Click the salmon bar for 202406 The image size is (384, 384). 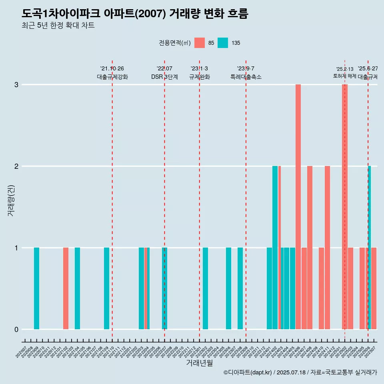pyautogui.click(x=298, y=207)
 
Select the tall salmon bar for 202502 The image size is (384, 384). pyautogui.click(x=344, y=207)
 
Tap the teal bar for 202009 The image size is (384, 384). pyautogui.click(x=36, y=288)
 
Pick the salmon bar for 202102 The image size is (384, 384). pyautogui.click(x=66, y=288)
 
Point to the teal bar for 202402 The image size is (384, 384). pyautogui.click(x=275, y=248)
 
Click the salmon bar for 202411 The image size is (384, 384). pyautogui.click(x=327, y=248)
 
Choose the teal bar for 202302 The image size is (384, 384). pyautogui.click(x=205, y=288)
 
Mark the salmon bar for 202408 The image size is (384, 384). pyautogui.click(x=310, y=248)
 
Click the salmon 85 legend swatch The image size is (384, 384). pyautogui.click(x=200, y=43)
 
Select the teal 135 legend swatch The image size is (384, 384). pyautogui.click(x=223, y=43)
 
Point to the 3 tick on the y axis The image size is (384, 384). pyautogui.click(x=16, y=85)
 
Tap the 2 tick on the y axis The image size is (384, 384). pyautogui.click(x=16, y=166)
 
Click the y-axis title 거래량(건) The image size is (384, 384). pyautogui.click(x=11, y=200)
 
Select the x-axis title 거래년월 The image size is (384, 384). pyautogui.click(x=199, y=363)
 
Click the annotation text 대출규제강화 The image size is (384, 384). pyautogui.click(x=112, y=77)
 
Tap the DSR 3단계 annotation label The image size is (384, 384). pyautogui.click(x=164, y=77)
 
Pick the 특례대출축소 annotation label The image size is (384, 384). pyautogui.click(x=246, y=77)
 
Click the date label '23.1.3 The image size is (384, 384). pyautogui.click(x=199, y=69)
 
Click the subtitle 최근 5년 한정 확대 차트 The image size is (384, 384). pyautogui.click(x=58, y=26)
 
